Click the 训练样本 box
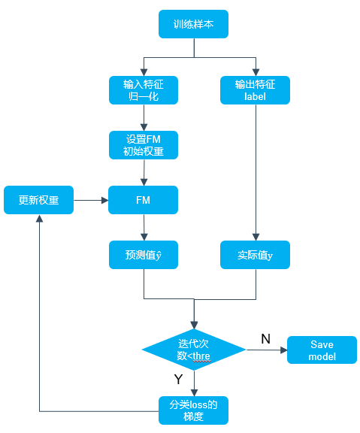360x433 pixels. click(193, 24)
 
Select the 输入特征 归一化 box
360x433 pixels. click(144, 90)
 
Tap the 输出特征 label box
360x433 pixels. click(255, 90)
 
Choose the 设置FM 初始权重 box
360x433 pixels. click(144, 145)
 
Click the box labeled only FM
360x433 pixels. click(143, 200)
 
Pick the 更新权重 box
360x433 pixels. click(38, 200)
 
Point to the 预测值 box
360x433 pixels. click(144, 255)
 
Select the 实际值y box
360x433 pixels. click(255, 255)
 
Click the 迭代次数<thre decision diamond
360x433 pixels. click(194, 350)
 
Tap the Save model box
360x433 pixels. click(322, 350)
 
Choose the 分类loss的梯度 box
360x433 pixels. click(193, 410)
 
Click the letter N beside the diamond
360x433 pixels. click(265, 339)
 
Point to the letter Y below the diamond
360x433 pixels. click(179, 379)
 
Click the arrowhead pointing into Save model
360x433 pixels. click(284, 350)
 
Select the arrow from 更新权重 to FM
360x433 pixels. click(91, 200)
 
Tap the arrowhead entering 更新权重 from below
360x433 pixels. click(40, 219)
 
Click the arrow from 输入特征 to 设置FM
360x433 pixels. click(144, 117)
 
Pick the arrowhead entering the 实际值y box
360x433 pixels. click(256, 237)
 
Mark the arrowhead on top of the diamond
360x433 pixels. click(194, 325)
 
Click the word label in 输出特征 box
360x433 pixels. click(255, 97)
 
